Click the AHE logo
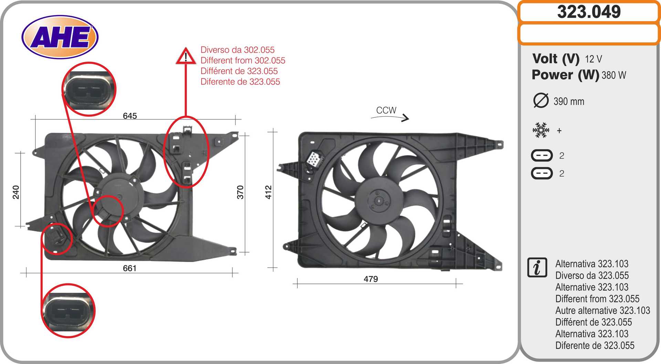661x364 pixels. click(60, 37)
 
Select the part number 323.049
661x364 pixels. click(589, 12)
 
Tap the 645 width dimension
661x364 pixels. click(130, 116)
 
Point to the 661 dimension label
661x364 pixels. click(130, 268)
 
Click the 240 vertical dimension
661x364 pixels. click(16, 192)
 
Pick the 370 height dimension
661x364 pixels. click(240, 192)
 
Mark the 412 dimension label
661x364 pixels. click(269, 192)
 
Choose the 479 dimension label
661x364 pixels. click(371, 279)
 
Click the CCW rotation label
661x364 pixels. click(386, 110)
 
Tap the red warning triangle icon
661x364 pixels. click(186, 56)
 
